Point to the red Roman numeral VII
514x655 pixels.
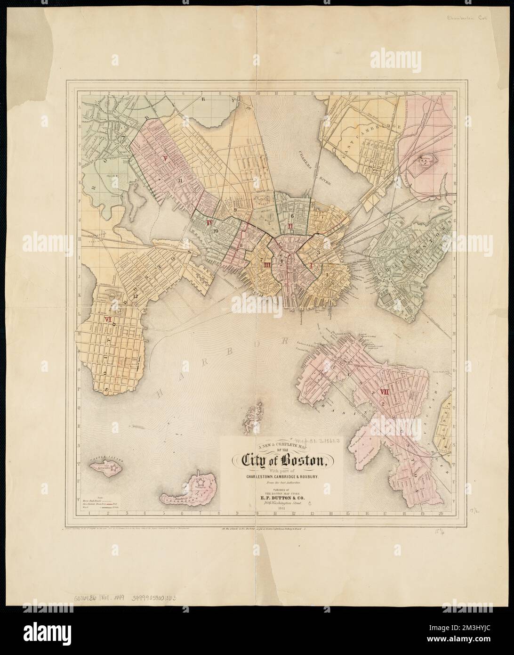coord(384,392)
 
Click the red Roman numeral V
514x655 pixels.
coord(166,159)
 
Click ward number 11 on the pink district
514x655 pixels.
coord(180,180)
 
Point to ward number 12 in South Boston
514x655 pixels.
coord(135,296)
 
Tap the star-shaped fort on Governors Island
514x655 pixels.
coord(201,482)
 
